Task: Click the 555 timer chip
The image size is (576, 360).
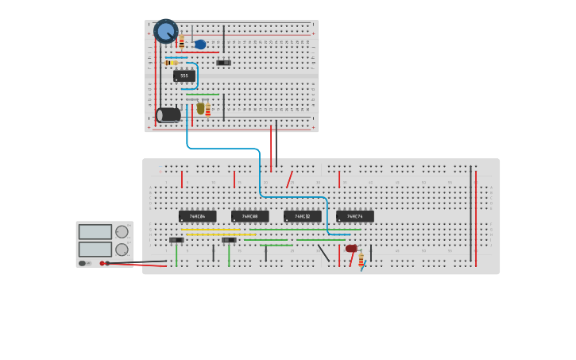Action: click(x=184, y=75)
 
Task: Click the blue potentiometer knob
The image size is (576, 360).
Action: click(x=165, y=31)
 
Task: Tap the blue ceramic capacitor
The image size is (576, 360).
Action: click(x=200, y=45)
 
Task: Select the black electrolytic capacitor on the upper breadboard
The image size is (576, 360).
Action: click(x=168, y=114)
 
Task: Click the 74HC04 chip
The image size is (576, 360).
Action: click(x=197, y=216)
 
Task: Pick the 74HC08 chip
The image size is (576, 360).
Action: click(x=249, y=216)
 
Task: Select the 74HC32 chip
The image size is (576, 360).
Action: click(x=302, y=216)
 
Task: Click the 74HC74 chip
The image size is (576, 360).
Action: click(x=354, y=216)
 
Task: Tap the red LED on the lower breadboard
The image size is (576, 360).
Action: click(x=351, y=249)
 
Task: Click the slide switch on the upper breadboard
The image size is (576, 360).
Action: click(x=224, y=62)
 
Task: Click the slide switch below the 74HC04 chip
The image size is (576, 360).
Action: click(x=176, y=239)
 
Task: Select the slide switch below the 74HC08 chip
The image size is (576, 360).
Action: click(x=229, y=239)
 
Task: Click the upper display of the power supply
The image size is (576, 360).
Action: click(x=95, y=232)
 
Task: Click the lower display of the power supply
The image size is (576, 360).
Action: click(x=95, y=249)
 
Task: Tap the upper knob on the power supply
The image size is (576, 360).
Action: click(x=122, y=232)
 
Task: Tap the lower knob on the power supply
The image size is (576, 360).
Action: click(x=122, y=249)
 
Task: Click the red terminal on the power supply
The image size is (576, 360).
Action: click(x=102, y=263)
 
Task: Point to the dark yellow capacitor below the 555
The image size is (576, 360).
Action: click(x=200, y=107)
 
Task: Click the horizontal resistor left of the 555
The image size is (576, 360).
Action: click(x=171, y=62)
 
